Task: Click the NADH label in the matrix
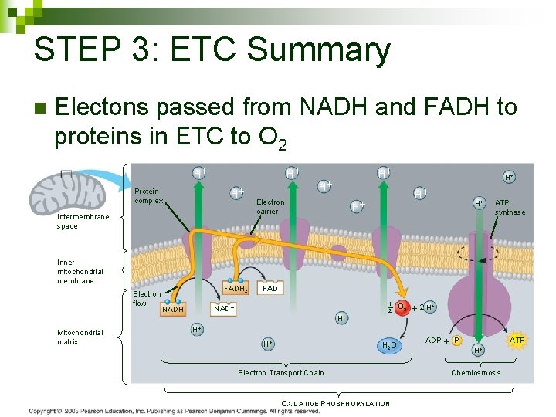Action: [173, 310]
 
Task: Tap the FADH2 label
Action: [236, 289]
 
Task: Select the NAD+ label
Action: [223, 307]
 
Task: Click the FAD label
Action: [270, 288]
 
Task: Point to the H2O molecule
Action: [389, 344]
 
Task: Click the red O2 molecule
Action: [402, 307]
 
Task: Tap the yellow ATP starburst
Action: [517, 340]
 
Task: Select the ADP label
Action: [433, 340]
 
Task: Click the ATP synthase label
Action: [510, 207]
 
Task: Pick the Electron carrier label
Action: [270, 206]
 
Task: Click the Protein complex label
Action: [147, 195]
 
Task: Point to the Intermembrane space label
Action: [83, 222]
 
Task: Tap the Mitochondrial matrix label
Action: [80, 337]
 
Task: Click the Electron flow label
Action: [147, 298]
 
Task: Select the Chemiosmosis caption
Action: [476, 373]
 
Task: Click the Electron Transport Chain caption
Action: [281, 373]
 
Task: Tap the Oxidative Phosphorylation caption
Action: [336, 403]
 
